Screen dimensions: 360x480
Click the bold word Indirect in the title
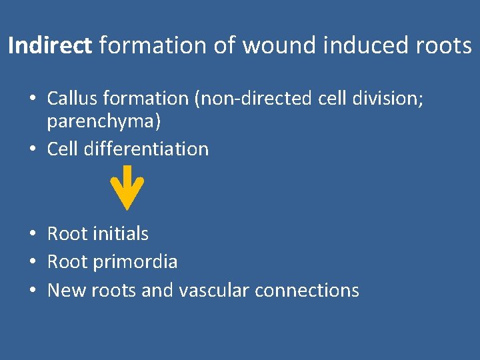[x=51, y=46]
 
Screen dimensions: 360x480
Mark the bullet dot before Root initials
[x=32, y=234]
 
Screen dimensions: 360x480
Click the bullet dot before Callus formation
[x=32, y=99]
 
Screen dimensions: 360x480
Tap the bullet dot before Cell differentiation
[x=32, y=149]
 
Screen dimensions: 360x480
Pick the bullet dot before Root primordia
[x=32, y=262]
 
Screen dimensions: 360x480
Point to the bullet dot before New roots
[x=32, y=291]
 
